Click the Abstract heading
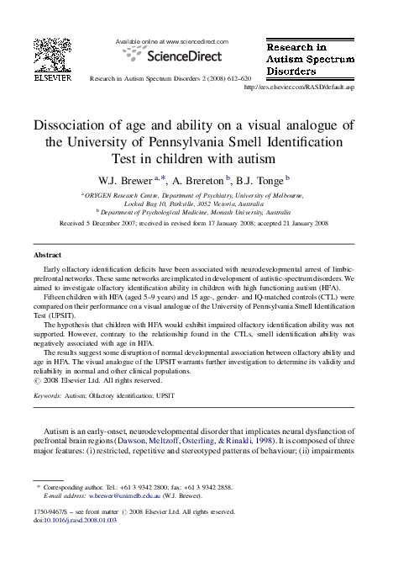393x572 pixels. pos(47,254)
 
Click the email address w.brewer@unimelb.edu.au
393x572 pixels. pos(124,496)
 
